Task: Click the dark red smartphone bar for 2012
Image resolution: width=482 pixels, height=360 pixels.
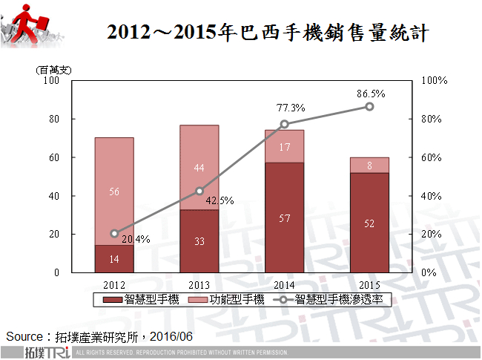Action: pos(114,259)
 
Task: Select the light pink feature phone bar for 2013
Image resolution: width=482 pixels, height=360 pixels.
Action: pos(199,168)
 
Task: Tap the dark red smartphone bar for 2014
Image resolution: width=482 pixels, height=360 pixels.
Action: pos(285,217)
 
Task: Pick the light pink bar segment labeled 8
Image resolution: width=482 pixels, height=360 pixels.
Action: pos(369,165)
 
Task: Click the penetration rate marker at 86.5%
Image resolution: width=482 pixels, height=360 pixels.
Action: pos(369,107)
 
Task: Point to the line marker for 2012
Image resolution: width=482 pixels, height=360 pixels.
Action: pos(114,233)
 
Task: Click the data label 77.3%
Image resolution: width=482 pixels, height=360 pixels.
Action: pos(291,108)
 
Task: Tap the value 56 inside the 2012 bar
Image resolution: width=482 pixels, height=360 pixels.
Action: pos(114,192)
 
